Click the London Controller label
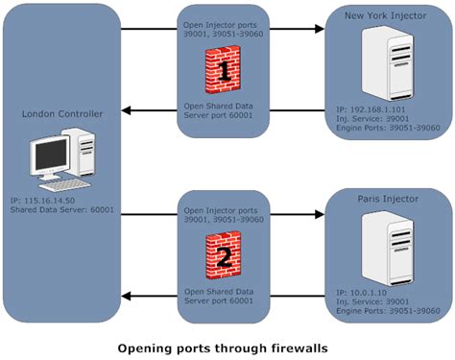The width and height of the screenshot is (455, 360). click(60, 113)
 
